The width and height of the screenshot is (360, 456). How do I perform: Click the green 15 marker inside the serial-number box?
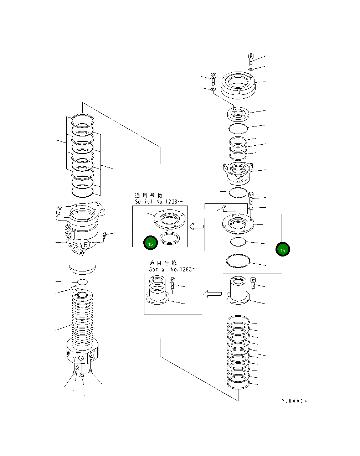(150, 244)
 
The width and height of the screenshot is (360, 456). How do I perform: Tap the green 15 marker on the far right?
(283, 250)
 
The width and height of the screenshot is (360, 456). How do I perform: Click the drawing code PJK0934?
(294, 401)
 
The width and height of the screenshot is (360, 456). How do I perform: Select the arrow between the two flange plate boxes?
(196, 226)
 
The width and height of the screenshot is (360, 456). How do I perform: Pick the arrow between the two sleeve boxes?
(212, 294)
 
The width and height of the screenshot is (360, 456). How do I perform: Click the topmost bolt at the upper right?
(251, 59)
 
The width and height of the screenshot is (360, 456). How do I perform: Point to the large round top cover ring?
(238, 85)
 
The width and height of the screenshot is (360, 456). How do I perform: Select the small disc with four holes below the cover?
(238, 114)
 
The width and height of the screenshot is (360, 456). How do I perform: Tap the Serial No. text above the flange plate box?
(159, 202)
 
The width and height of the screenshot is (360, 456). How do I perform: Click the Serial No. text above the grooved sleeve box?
(173, 269)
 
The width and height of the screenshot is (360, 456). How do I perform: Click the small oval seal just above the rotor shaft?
(82, 282)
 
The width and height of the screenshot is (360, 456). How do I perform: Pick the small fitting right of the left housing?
(104, 235)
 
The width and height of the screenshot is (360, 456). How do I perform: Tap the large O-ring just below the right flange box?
(238, 261)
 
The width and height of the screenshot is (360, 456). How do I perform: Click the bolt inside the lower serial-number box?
(173, 284)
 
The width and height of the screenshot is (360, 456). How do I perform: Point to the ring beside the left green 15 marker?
(169, 238)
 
